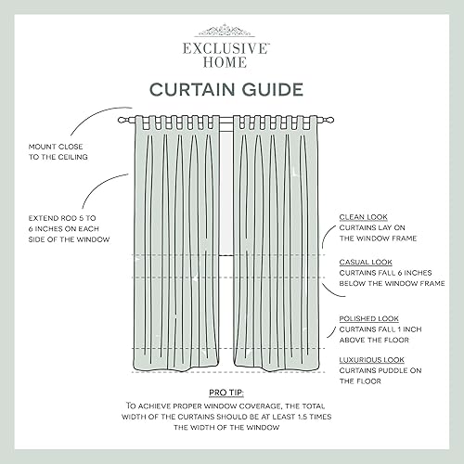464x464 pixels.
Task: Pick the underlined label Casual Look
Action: pyautogui.click(x=361, y=262)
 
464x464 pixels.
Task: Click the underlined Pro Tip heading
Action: pyautogui.click(x=231, y=393)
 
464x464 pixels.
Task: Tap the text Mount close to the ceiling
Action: pyautogui.click(x=58, y=152)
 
